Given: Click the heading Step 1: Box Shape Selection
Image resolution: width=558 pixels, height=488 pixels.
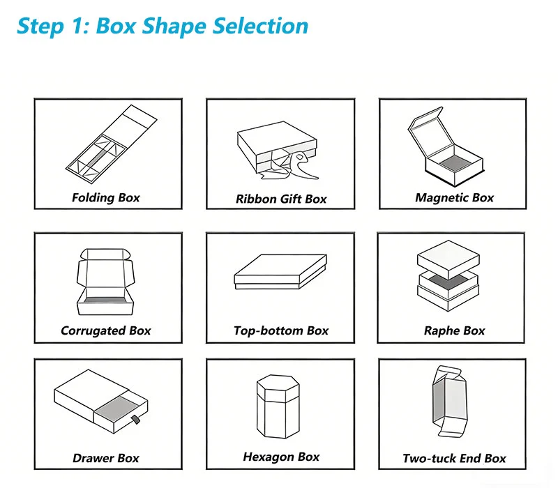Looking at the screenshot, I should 163,26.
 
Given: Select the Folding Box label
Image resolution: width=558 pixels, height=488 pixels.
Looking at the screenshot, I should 106,197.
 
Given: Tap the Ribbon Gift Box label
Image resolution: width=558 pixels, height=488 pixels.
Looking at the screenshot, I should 281,199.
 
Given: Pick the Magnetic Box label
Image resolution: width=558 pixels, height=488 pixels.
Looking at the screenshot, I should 454,197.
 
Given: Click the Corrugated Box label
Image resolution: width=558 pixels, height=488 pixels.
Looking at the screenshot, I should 106,330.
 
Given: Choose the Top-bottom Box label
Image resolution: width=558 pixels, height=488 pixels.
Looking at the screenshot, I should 281,330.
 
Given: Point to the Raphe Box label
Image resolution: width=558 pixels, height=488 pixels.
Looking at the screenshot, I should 454,330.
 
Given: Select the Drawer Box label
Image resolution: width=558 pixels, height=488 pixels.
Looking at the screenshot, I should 106,458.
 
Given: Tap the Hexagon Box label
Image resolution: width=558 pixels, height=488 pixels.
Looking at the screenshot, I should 281,457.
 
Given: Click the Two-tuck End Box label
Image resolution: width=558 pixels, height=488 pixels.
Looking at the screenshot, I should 454,458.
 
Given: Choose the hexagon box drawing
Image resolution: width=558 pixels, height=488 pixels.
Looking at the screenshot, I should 280,408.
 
